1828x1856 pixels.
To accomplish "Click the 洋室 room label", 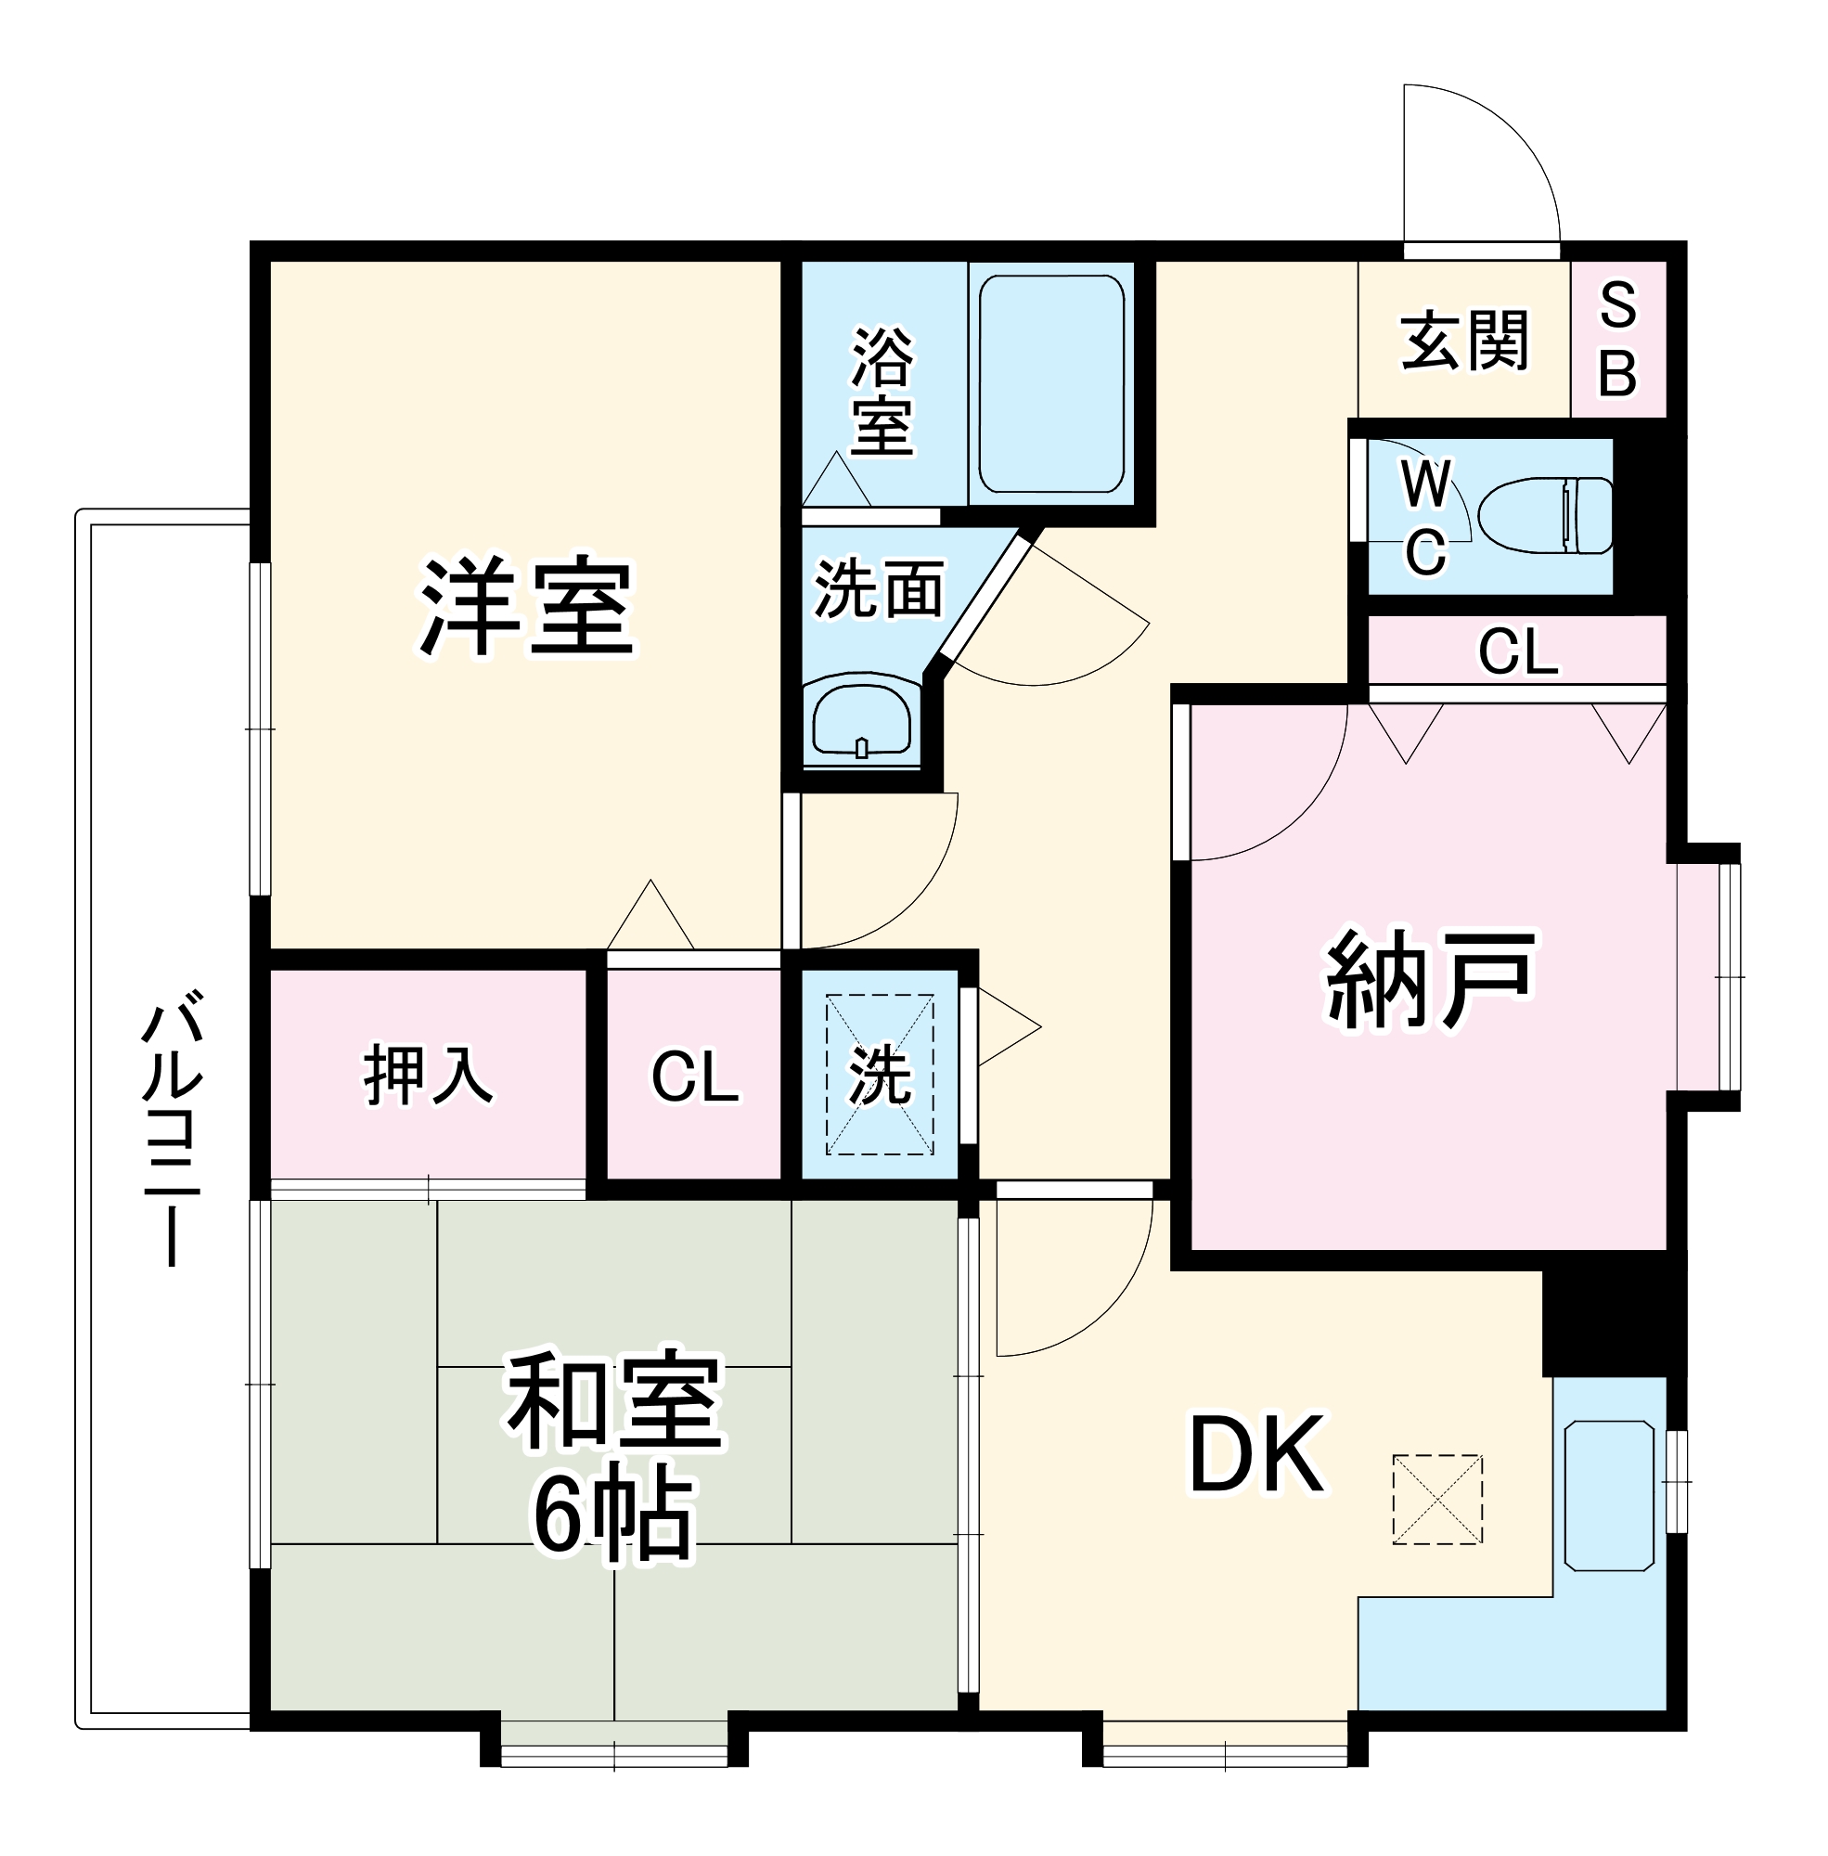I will tap(526, 606).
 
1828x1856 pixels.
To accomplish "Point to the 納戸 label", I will tap(1431, 979).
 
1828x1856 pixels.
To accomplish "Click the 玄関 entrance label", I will tap(1463, 340).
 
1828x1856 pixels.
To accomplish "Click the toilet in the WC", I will tap(1546, 516).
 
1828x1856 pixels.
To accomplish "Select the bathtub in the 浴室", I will tap(1051, 384).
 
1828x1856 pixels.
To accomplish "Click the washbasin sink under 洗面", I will tap(861, 719).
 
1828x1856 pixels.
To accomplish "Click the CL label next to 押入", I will tap(695, 1076).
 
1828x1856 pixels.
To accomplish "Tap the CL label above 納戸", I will tap(1518, 651).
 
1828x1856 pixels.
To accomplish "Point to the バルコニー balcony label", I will tap(173, 1134).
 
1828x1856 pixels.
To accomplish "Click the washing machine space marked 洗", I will tap(880, 1075).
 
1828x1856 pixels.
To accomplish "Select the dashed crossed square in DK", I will tap(1437, 1499).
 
